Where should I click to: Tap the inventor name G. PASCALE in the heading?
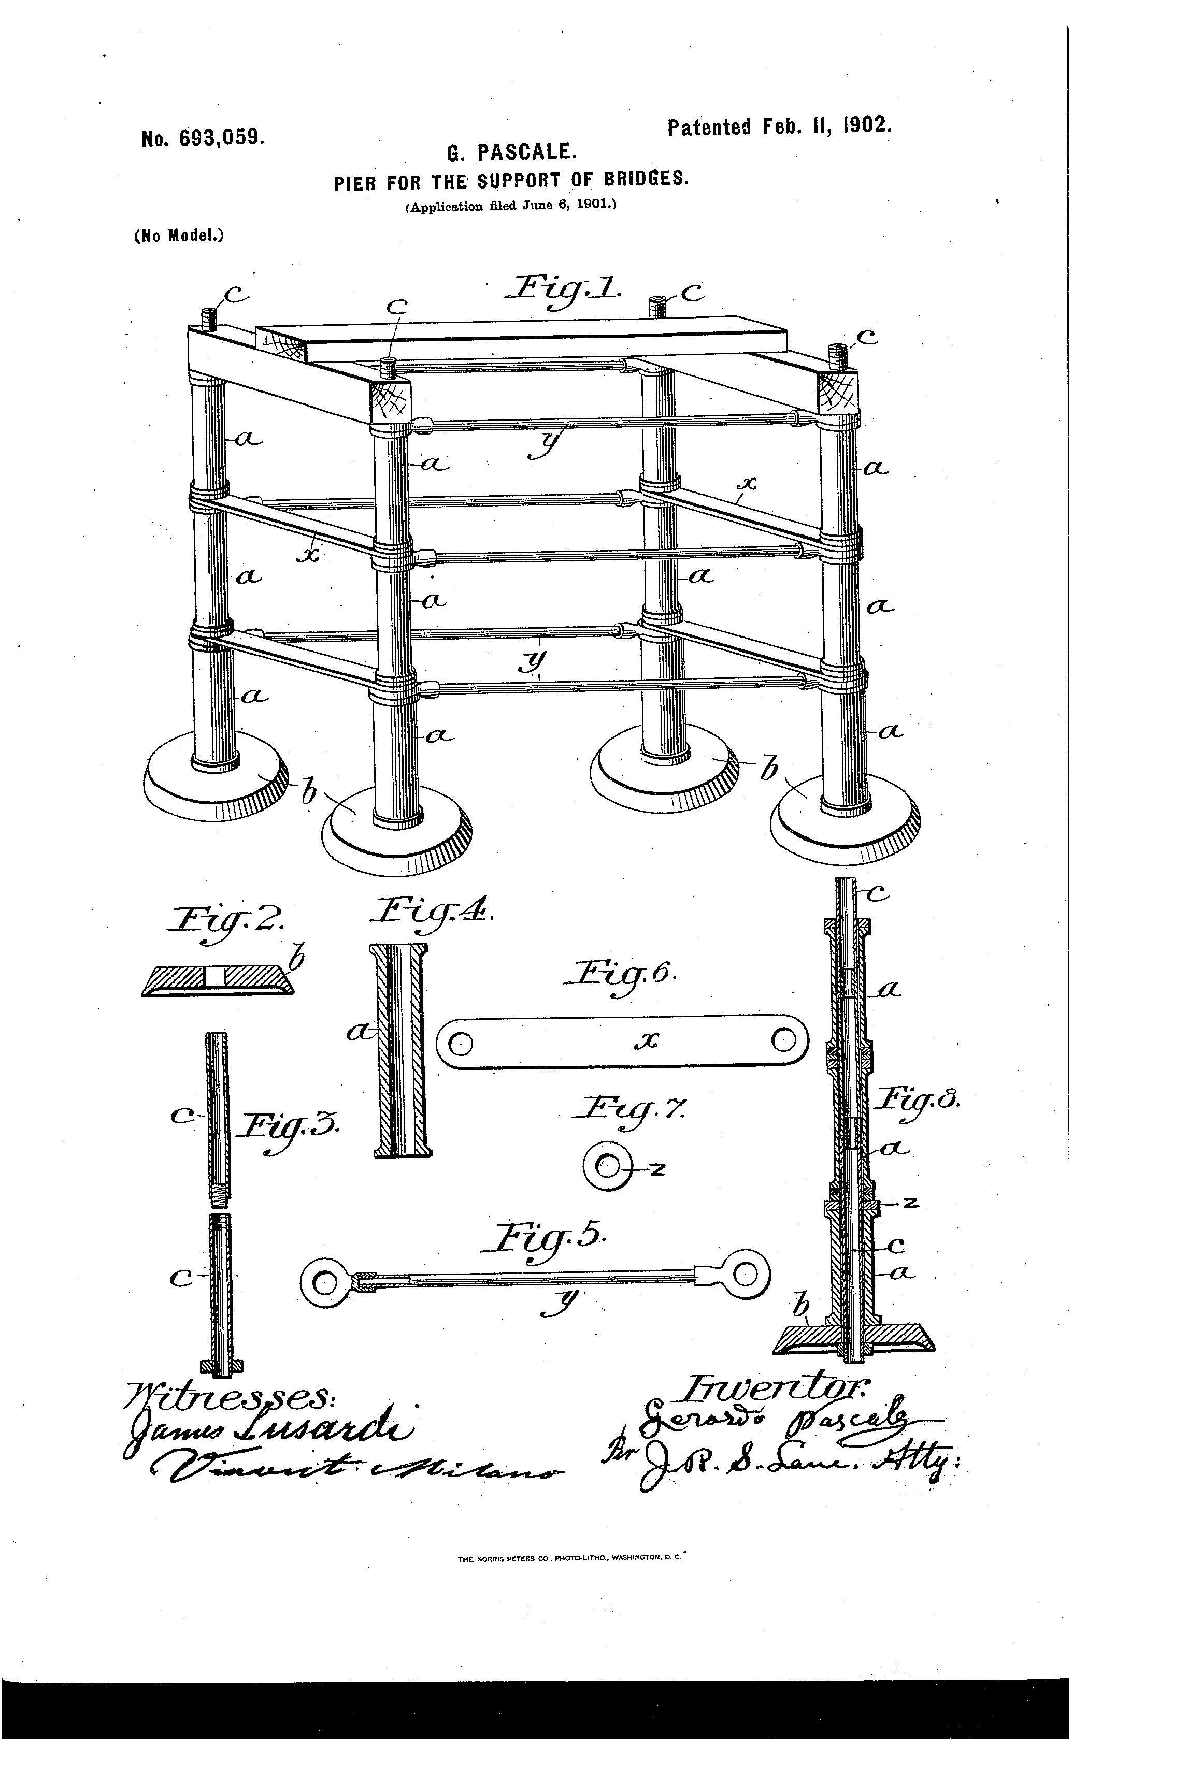pyautogui.click(x=513, y=153)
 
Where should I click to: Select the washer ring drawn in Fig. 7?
pyautogui.click(x=608, y=1166)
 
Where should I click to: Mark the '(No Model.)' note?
pyautogui.click(x=178, y=236)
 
